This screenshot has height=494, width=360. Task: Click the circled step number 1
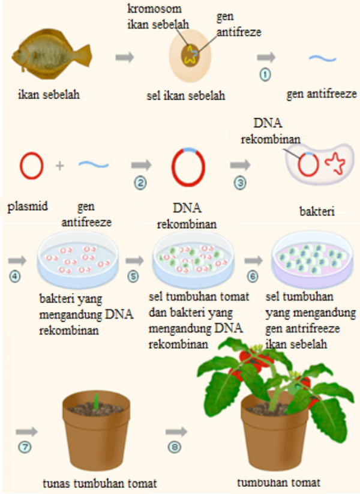265,74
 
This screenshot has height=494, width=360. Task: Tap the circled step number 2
140,183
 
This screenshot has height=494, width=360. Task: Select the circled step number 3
240,183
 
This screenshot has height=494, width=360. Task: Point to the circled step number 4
15,277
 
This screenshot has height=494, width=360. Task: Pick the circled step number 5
133,277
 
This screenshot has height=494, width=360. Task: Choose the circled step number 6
253,277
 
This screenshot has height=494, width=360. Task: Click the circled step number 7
25,447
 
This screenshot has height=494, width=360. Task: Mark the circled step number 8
175,447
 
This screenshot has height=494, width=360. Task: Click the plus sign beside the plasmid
60,166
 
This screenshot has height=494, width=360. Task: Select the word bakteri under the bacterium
317,211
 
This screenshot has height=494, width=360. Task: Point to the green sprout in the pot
97,401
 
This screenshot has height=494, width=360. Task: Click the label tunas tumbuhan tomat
100,483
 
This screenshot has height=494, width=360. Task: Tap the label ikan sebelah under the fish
49,94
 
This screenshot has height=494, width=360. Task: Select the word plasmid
28,206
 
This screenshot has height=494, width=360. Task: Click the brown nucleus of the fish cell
191,55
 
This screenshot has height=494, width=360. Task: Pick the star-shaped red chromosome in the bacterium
335,163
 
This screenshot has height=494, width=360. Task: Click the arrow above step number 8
176,432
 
